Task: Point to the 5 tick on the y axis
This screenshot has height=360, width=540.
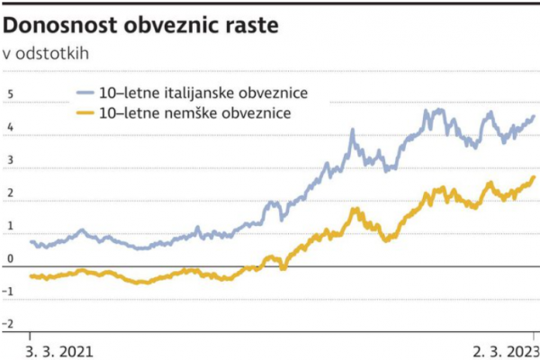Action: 10,94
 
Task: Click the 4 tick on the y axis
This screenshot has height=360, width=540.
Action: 10,128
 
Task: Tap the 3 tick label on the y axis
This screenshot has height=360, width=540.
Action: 10,161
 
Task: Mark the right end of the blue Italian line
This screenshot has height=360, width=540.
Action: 534,116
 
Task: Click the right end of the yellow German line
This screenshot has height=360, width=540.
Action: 534,177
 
